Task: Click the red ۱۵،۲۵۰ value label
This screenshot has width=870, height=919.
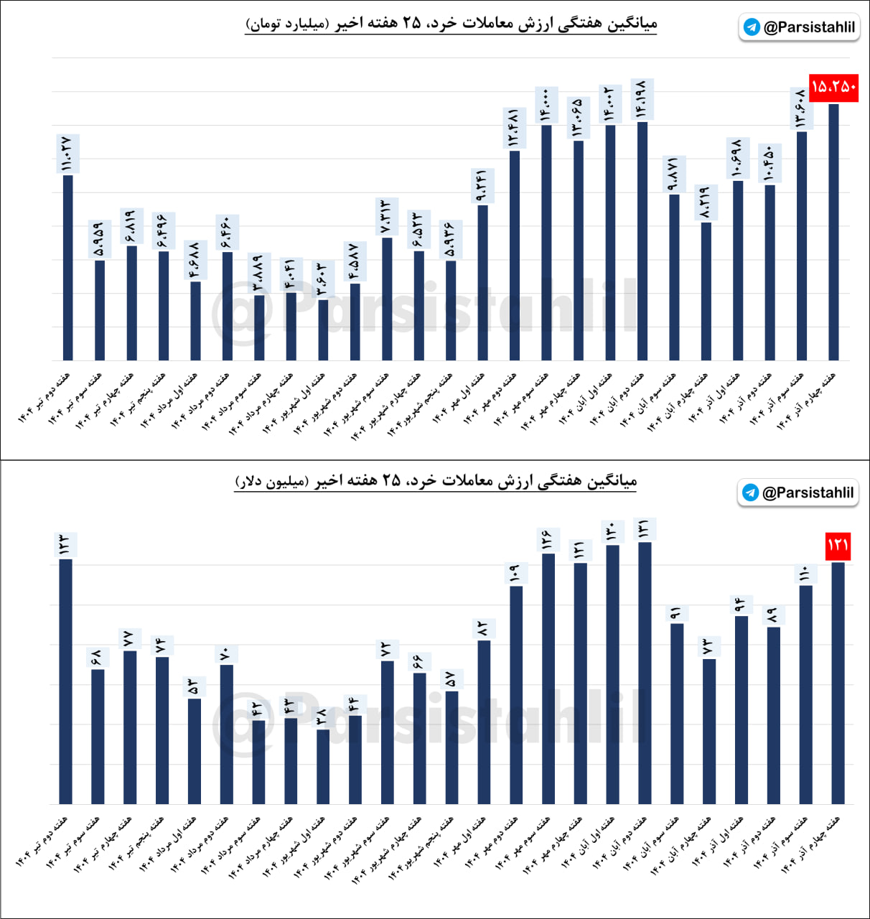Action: tap(833, 88)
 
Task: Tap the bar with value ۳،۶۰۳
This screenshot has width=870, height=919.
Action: tap(323, 330)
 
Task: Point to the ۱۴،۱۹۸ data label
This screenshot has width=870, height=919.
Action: tap(642, 98)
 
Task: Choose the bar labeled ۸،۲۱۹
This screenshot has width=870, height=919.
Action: tap(706, 291)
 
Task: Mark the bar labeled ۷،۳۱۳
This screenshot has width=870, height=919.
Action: tap(387, 298)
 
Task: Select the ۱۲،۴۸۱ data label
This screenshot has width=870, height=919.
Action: tap(514, 128)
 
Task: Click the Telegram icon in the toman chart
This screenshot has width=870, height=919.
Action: tap(752, 27)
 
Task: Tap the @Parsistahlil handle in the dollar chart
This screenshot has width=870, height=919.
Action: tap(808, 493)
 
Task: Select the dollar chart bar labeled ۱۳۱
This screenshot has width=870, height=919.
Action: tap(645, 672)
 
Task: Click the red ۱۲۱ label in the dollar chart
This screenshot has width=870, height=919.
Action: tap(838, 545)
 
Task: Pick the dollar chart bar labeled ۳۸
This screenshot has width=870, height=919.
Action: tap(323, 766)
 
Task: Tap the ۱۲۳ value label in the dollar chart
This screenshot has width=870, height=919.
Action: tap(65, 545)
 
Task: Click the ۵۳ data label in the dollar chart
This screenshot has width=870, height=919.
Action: tap(194, 686)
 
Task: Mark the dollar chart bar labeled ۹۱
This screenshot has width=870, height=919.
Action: tap(677, 713)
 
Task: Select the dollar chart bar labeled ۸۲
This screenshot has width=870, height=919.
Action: tap(484, 722)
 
